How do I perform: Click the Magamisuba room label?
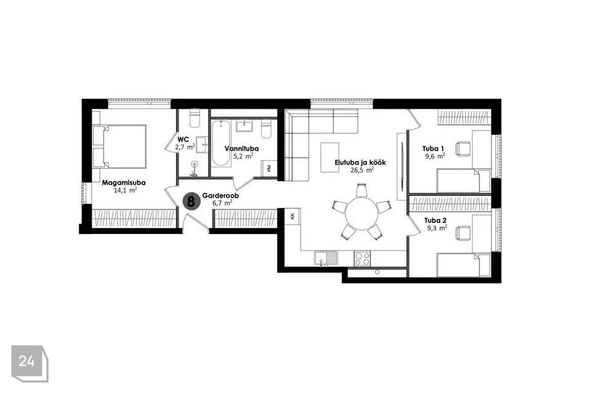124,183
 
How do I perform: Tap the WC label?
183,140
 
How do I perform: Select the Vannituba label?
241,148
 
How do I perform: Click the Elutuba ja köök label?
360,163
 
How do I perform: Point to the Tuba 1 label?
433,148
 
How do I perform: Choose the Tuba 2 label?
435,220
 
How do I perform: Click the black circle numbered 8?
191,201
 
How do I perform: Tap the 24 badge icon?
30,363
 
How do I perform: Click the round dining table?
361,214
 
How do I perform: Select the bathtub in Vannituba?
221,143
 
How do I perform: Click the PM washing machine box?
269,168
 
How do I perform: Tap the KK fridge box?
292,217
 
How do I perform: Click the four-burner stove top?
362,259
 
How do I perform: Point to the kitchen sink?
326,259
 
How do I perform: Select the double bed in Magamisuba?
119,147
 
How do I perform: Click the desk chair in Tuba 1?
463,148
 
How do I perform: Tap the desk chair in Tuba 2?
463,233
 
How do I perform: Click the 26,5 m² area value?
362,170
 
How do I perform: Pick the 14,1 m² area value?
125,190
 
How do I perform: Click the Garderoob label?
220,196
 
